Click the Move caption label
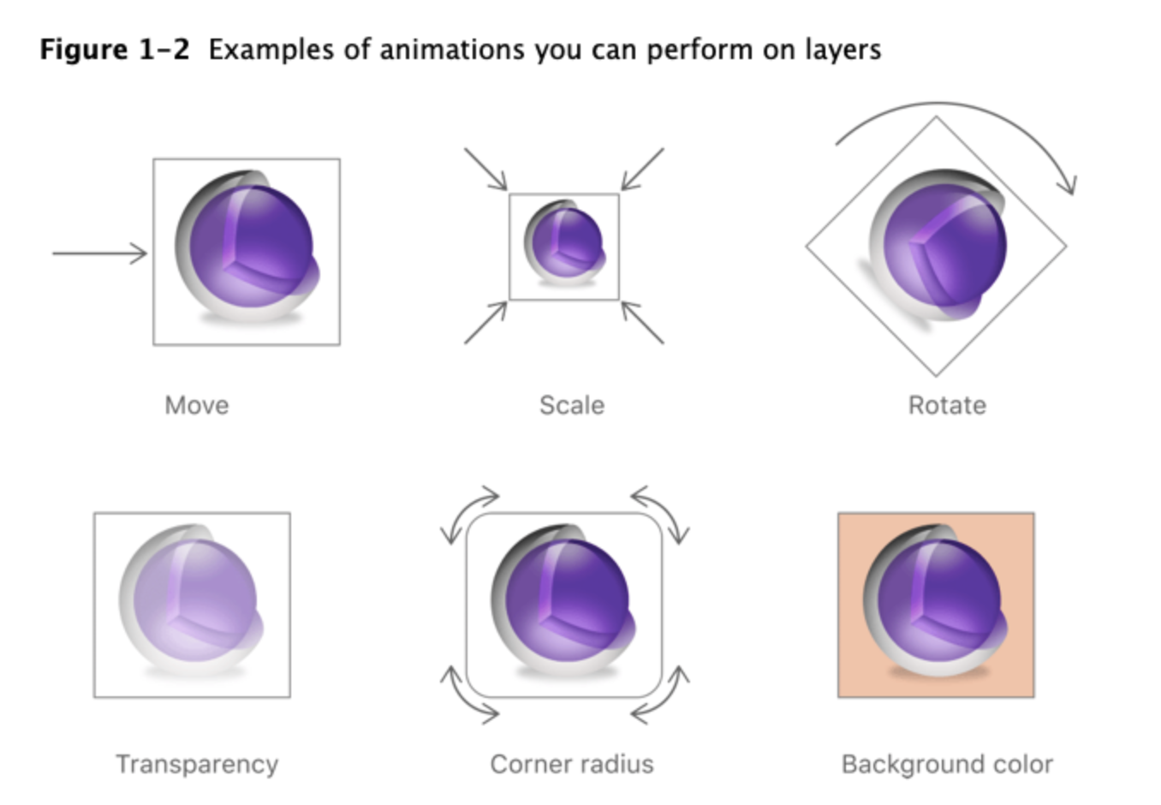(x=197, y=405)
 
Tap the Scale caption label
(x=572, y=405)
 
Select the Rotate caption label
(x=947, y=405)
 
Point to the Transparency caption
(x=197, y=764)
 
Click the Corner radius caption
(x=572, y=764)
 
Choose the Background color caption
(x=947, y=764)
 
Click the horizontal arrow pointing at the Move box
(x=99, y=253)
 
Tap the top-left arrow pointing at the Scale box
(x=485, y=169)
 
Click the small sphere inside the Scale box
(x=564, y=242)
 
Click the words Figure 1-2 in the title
(x=115, y=50)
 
